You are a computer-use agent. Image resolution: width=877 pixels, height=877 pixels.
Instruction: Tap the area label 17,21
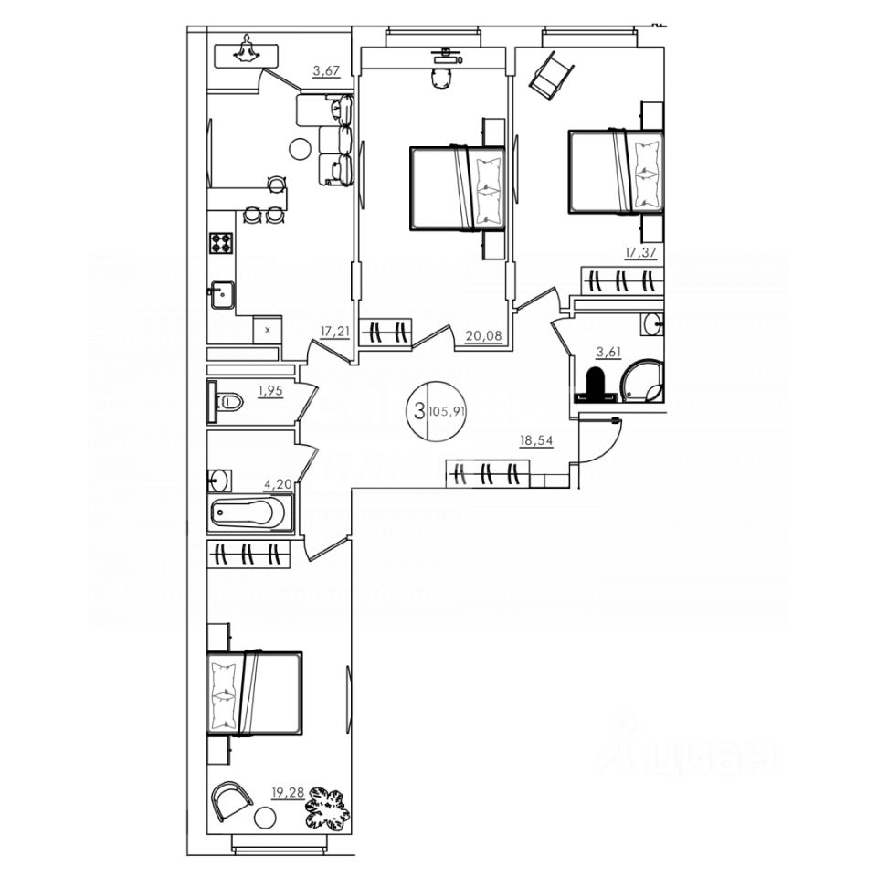pos(334,331)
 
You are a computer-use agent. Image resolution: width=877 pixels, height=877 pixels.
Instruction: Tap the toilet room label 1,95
pos(270,391)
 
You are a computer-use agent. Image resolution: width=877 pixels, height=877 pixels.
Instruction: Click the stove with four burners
pos(221,242)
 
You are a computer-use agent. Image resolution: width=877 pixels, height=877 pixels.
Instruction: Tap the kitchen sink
pos(220,295)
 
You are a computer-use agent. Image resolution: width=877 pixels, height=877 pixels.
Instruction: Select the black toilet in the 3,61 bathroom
pos(594,385)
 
